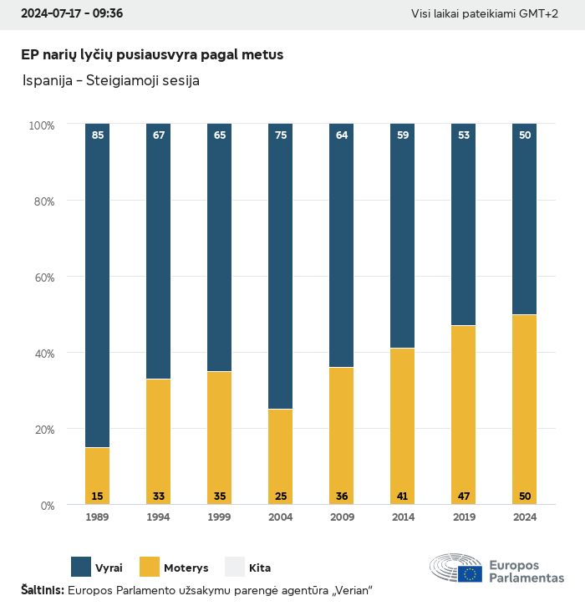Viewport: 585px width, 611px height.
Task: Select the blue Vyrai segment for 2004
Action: (281, 267)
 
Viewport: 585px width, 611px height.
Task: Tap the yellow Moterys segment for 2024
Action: (524, 410)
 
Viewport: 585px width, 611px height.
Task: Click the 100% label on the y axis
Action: (41, 125)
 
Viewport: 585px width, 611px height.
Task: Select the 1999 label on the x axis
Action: (220, 517)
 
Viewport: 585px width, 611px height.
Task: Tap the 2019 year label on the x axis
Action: (464, 517)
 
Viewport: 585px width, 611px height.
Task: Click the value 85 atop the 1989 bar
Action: (98, 135)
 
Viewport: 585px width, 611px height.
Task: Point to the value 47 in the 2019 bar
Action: (464, 496)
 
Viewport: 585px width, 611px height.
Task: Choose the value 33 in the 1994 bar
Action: (159, 496)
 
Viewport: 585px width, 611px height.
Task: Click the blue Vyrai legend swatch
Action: (81, 568)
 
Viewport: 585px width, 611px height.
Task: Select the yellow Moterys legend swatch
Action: (149, 568)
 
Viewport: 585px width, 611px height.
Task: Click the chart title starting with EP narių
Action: (152, 54)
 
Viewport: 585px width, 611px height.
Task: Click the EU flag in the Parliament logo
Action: (470, 573)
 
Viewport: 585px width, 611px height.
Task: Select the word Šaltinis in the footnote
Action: (42, 591)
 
